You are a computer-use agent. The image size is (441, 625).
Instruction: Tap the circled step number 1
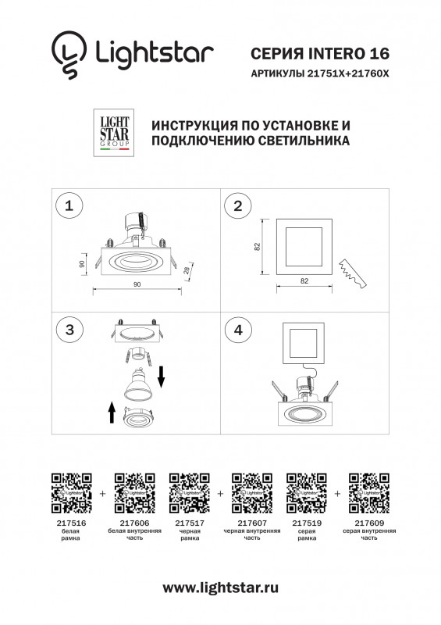pyautogui.click(x=70, y=206)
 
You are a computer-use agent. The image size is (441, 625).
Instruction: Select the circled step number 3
pyautogui.click(x=70, y=330)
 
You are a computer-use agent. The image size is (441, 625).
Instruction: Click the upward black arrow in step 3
pyautogui.click(x=112, y=411)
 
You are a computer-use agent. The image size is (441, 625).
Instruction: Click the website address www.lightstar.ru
pyautogui.click(x=220, y=587)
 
